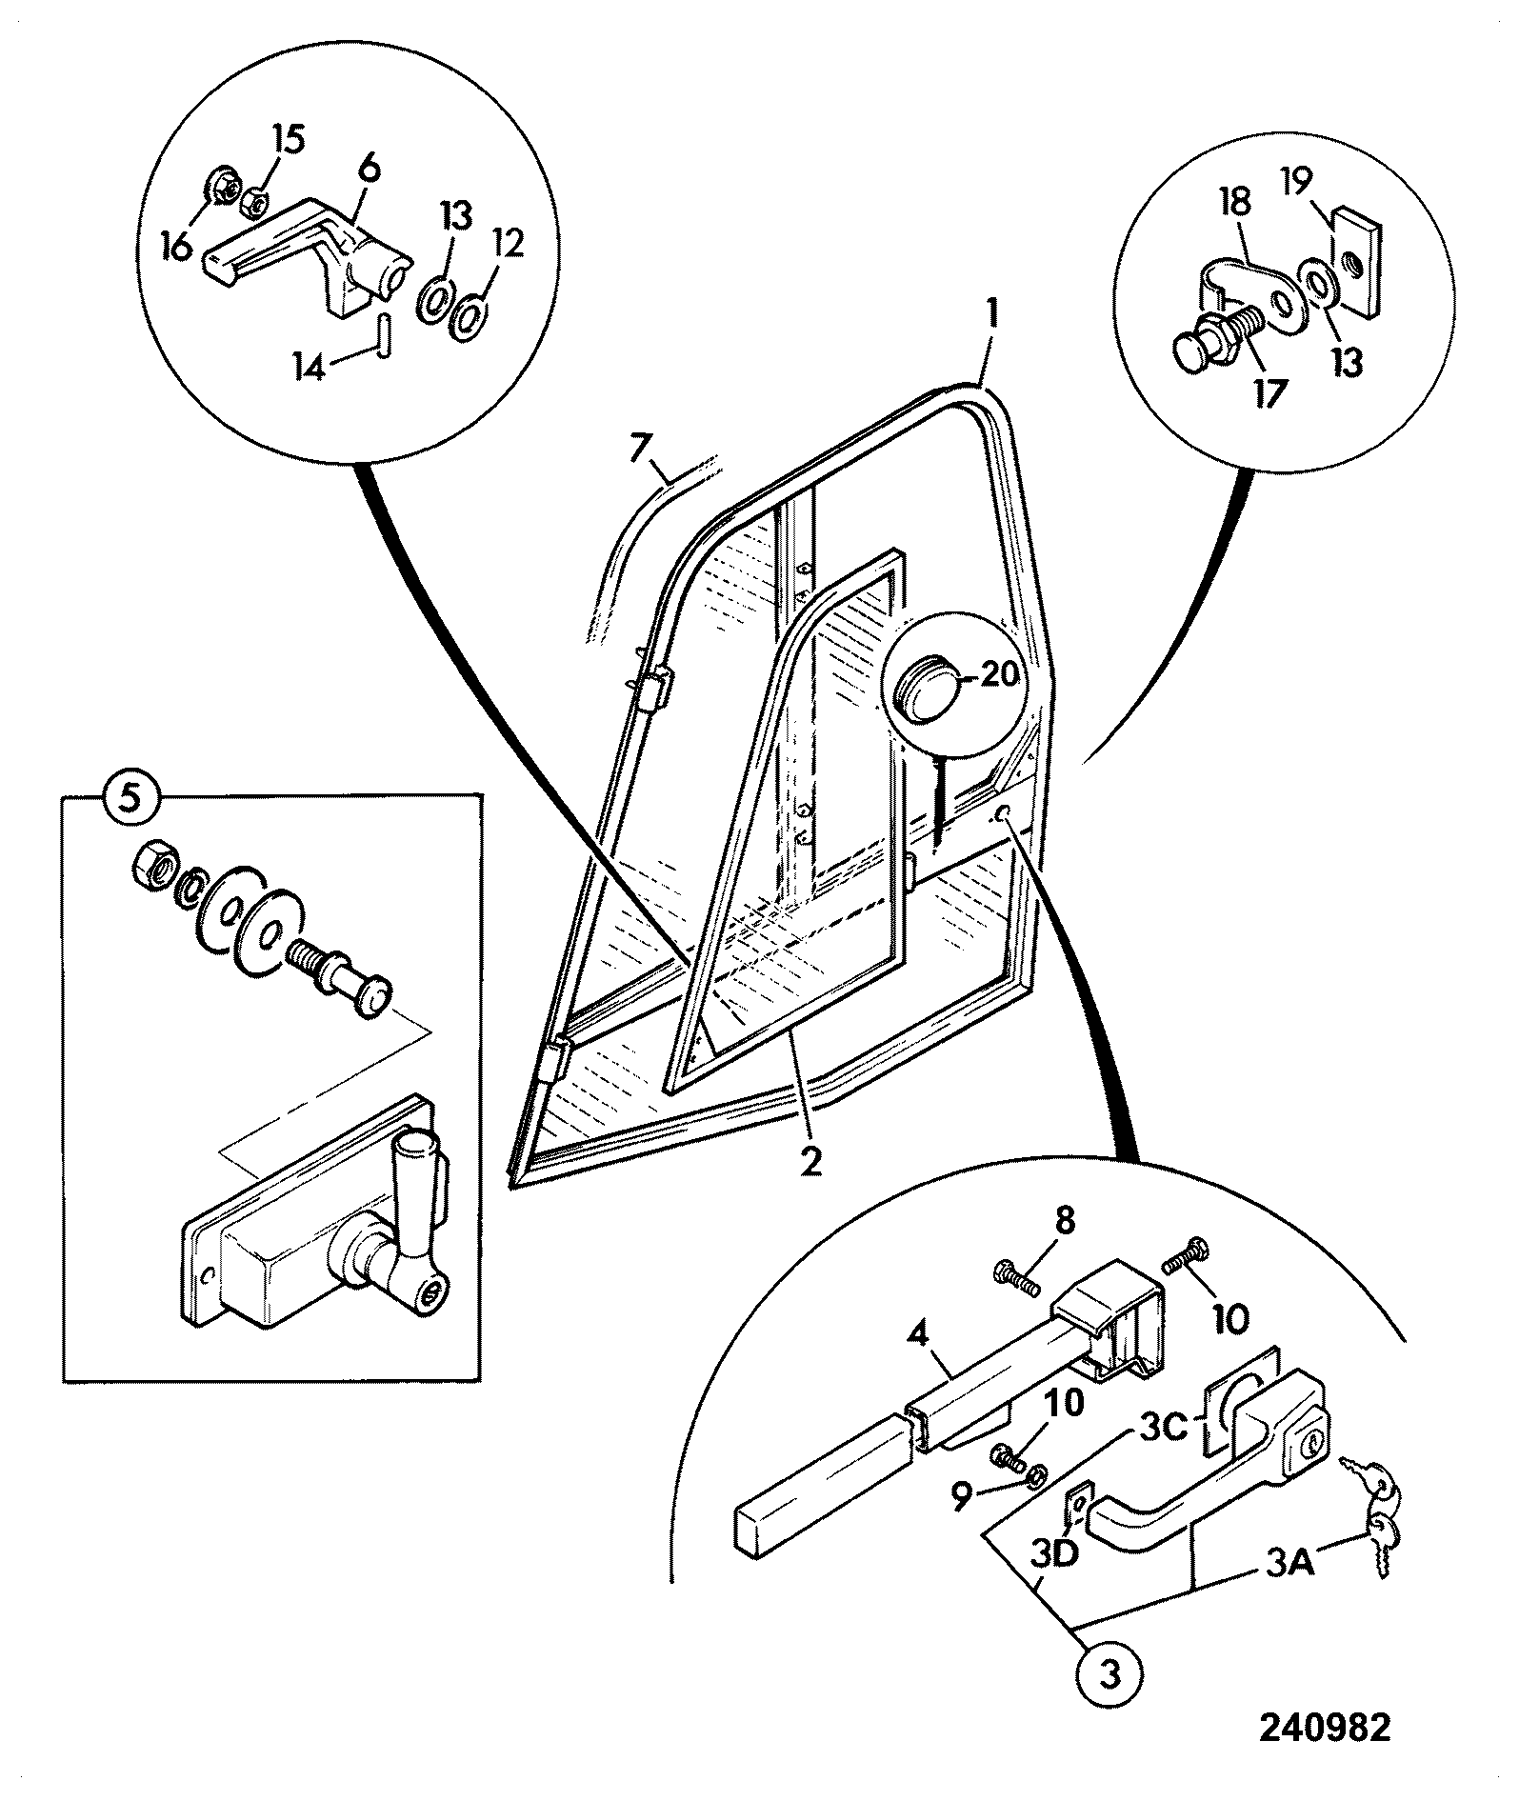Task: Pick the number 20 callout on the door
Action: click(998, 673)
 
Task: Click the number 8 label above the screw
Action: click(1064, 1222)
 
